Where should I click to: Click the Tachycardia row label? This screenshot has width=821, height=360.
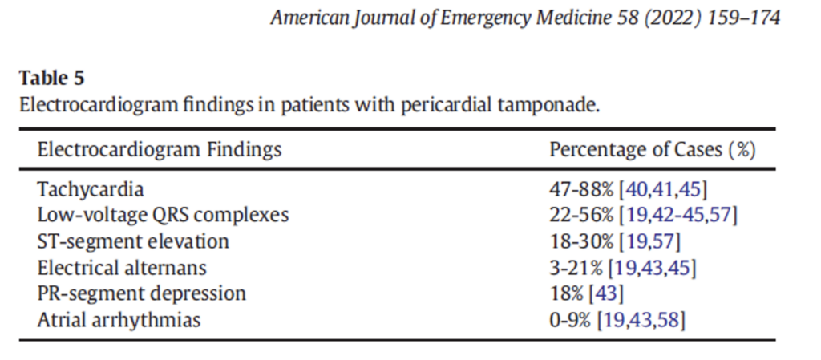pos(90,189)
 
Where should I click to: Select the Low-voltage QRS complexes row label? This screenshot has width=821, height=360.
pos(163,215)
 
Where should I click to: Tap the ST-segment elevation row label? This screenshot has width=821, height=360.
pos(133,241)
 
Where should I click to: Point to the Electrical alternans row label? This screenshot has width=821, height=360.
pos(122,267)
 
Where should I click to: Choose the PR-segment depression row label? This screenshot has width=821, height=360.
pos(141,293)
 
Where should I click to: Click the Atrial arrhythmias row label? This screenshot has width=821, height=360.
pos(119,319)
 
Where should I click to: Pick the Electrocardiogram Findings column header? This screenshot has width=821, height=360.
pos(160,150)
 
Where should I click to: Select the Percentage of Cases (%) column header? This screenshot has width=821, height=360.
pos(653,150)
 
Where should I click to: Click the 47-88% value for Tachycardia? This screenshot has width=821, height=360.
pos(581,189)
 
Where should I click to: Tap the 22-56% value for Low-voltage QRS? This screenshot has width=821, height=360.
pos(581,215)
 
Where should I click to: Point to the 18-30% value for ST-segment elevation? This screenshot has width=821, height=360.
pos(581,241)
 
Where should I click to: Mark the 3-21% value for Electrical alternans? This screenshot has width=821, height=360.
pos(576,267)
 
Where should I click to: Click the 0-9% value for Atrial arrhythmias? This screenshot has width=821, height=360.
pos(571,319)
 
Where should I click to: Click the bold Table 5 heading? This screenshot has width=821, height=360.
pos(51,79)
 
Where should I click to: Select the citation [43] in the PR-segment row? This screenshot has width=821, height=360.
pos(607,293)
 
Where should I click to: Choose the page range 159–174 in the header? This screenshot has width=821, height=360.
pos(743,18)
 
